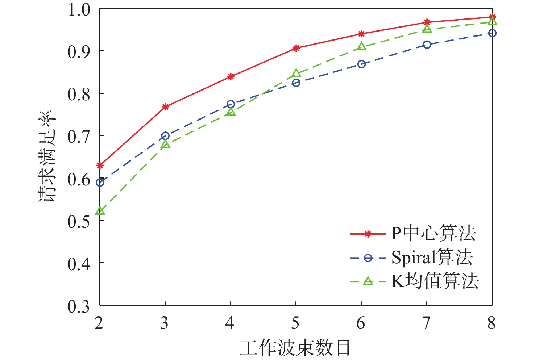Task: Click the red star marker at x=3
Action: pos(165,106)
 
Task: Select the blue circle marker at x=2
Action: pos(100,183)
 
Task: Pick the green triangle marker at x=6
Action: pos(361,47)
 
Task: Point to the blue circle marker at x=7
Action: pos(427,45)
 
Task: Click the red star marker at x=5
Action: pos(296,48)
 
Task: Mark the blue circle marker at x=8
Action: pos(492,33)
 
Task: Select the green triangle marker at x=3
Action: pos(165,144)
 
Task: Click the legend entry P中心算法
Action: pos(433,234)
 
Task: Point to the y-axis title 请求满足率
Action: pos(48,156)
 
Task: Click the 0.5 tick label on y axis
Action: pos(78,221)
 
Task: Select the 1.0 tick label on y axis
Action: pos(78,10)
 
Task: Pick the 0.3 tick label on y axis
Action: pos(78,306)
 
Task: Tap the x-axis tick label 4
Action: pos(230,323)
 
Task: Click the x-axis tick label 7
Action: pos(427,323)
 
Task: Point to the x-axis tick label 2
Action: pos(99,323)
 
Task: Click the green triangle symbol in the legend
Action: pos(368,281)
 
